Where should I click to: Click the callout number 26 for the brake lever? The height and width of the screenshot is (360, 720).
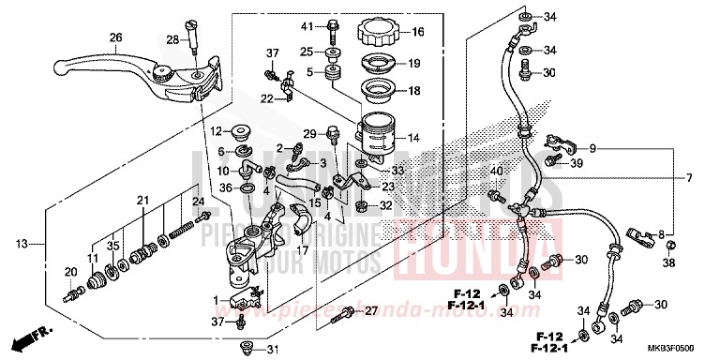click(x=116, y=37)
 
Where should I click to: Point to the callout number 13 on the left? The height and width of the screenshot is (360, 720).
click(x=22, y=245)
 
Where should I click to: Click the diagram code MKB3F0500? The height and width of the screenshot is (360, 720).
click(x=679, y=346)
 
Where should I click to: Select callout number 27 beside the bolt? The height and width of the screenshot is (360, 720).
click(x=370, y=310)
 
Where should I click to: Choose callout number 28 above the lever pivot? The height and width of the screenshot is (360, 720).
click(x=172, y=39)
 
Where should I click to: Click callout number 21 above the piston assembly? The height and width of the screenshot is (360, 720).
click(x=142, y=201)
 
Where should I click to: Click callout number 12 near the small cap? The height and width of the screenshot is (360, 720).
click(x=215, y=130)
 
